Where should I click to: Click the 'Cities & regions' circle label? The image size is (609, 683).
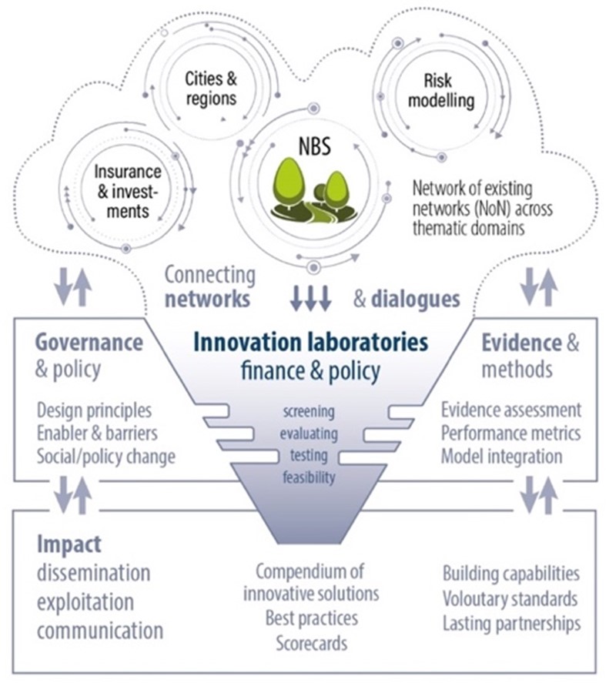[x=211, y=89]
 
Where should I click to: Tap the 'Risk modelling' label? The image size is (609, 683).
[x=441, y=91]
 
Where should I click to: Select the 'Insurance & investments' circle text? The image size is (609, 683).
[x=128, y=192]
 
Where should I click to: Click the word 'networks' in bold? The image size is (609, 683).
[x=207, y=300]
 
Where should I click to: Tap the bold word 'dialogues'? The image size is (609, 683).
[x=416, y=300]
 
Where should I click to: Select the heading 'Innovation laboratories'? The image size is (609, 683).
[x=310, y=342]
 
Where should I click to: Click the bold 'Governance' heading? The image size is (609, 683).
[x=89, y=343]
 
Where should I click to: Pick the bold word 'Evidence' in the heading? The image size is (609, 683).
[x=521, y=343]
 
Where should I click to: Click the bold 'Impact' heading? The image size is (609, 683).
[x=69, y=544]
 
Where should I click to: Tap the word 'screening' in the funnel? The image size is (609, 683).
[x=309, y=411]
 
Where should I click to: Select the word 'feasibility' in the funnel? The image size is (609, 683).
[x=309, y=477]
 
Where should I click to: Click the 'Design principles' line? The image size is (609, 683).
[x=94, y=410]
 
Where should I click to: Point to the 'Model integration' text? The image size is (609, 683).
[x=501, y=457]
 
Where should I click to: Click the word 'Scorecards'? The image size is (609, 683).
[x=312, y=644]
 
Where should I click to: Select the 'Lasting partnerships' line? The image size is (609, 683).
[x=511, y=624]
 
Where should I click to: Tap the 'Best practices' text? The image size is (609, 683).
[x=312, y=618]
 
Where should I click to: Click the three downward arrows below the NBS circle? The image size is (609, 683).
[x=310, y=299]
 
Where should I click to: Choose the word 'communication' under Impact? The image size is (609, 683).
[x=100, y=631]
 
